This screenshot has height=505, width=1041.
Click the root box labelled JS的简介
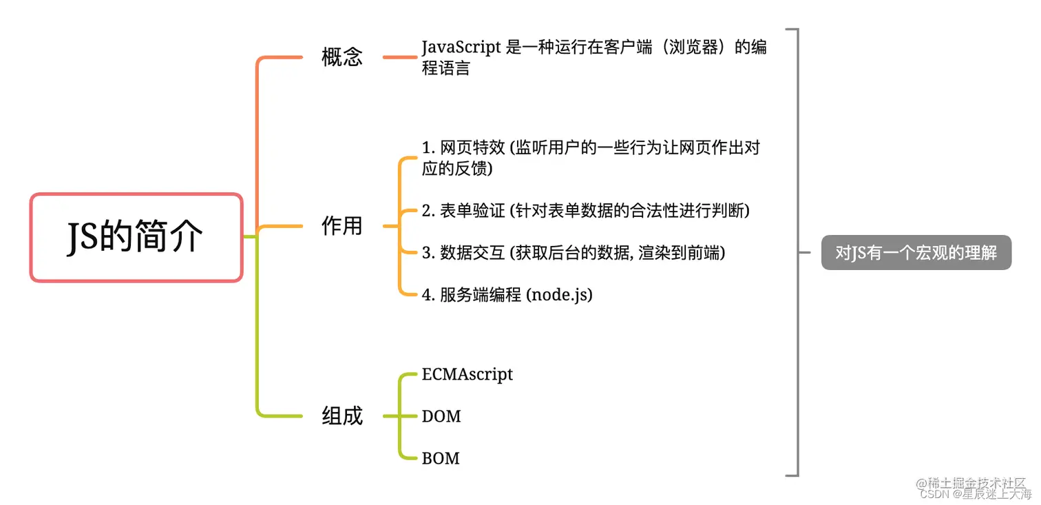point(136,238)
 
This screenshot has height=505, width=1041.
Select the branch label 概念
point(341,57)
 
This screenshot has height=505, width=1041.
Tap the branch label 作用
point(341,226)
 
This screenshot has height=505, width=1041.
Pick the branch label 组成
point(341,416)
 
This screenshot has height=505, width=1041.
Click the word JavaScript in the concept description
point(461,48)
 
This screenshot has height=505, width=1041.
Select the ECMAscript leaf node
point(467,375)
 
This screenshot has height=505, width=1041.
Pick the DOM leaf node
point(441,416)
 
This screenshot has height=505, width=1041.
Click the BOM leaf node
point(441,458)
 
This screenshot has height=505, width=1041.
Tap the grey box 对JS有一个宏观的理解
point(916,253)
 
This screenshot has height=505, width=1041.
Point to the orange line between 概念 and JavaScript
point(400,57)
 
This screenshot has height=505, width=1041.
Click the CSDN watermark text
point(934,494)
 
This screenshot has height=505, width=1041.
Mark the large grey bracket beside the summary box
point(797,253)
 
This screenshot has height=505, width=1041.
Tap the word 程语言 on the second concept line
point(446,68)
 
